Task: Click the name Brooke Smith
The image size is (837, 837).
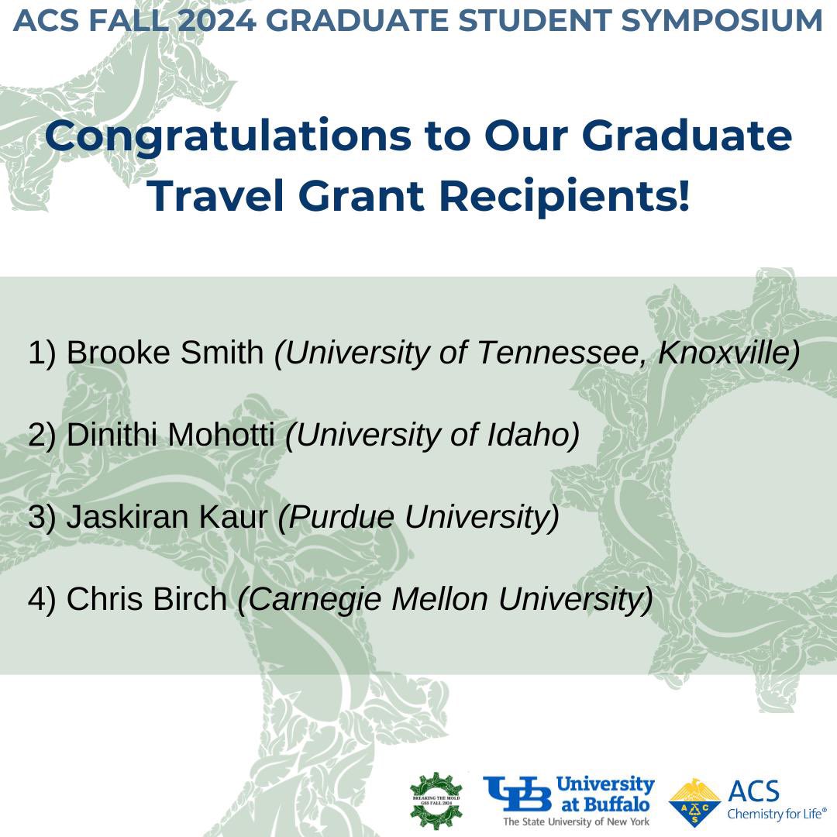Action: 165,353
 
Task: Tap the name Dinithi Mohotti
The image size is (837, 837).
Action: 170,436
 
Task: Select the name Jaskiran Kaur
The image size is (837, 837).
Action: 167,518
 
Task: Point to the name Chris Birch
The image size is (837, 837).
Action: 146,600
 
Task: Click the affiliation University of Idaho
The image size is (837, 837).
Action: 433,436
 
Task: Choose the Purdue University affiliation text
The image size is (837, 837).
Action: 418,518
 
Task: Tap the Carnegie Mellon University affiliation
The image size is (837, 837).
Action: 445,600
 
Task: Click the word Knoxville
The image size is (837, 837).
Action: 728,353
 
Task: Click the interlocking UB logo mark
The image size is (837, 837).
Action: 518,794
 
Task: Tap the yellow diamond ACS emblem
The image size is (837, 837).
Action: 694,802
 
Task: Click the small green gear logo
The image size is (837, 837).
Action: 436,798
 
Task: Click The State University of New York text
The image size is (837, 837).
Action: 577,821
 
